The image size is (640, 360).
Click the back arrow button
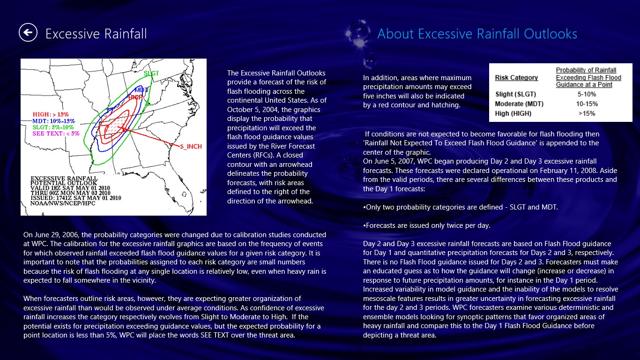pyautogui.click(x=28, y=32)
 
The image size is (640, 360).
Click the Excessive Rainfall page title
pyautogui.click(x=96, y=34)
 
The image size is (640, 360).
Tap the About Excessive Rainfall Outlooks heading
pyautogui.click(x=477, y=34)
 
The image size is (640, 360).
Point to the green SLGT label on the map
pyautogui.click(x=151, y=73)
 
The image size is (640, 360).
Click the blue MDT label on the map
pyautogui.click(x=141, y=90)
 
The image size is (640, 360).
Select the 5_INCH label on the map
pyautogui.click(x=191, y=147)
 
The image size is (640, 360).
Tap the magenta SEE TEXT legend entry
pyautogui.click(x=56, y=134)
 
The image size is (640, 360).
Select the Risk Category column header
pyautogui.click(x=516, y=78)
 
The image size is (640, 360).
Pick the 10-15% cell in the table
pyautogui.click(x=587, y=104)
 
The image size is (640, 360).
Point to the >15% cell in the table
pyautogui.click(x=587, y=113)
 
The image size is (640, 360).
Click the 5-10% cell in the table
pyautogui.click(x=587, y=94)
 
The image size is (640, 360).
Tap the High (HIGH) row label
pyautogui.click(x=513, y=113)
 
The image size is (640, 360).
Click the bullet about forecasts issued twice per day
pyautogui.click(x=427, y=225)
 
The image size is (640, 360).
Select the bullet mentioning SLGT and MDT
pyautogui.click(x=461, y=207)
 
